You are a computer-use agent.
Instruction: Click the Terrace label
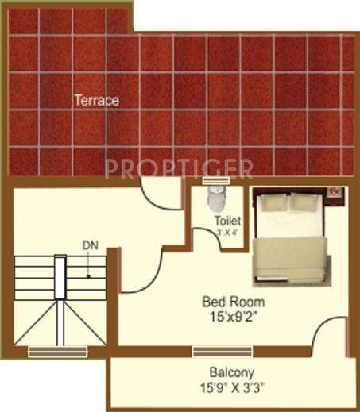96,101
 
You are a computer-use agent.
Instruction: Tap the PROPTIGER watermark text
180,168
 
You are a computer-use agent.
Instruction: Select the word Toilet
226,221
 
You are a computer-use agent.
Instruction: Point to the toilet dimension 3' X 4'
226,233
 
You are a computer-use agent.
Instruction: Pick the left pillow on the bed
273,203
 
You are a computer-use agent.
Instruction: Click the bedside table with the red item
335,191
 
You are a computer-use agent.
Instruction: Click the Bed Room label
233,302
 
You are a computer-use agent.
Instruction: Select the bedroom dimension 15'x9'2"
233,316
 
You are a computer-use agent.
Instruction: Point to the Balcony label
231,372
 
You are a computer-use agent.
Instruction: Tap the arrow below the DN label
89,265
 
